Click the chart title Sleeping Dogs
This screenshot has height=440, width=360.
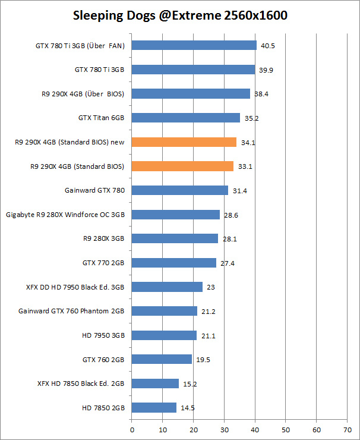[180, 15]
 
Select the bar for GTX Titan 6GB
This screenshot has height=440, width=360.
[185, 118]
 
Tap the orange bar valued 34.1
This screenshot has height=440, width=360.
[184, 142]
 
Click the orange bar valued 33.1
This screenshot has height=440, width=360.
[182, 166]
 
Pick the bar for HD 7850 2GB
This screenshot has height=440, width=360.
[154, 407]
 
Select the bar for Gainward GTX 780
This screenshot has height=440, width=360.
[179, 190]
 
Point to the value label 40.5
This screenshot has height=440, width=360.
[269, 45]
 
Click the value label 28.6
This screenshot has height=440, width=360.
[232, 215]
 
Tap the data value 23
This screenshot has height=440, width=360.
[211, 287]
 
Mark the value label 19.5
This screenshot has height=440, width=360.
[204, 360]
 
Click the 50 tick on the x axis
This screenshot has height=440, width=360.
[286, 428]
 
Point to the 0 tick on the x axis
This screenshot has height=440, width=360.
[131, 428]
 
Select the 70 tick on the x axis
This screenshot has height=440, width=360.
[348, 428]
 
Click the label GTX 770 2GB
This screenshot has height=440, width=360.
[103, 263]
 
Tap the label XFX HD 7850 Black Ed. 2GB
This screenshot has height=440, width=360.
[81, 384]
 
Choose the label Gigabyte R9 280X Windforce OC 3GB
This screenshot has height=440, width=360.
[65, 215]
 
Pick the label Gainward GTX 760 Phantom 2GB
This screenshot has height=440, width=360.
[71, 311]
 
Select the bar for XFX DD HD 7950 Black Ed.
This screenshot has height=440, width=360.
[167, 287]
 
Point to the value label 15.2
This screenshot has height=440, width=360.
[191, 384]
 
